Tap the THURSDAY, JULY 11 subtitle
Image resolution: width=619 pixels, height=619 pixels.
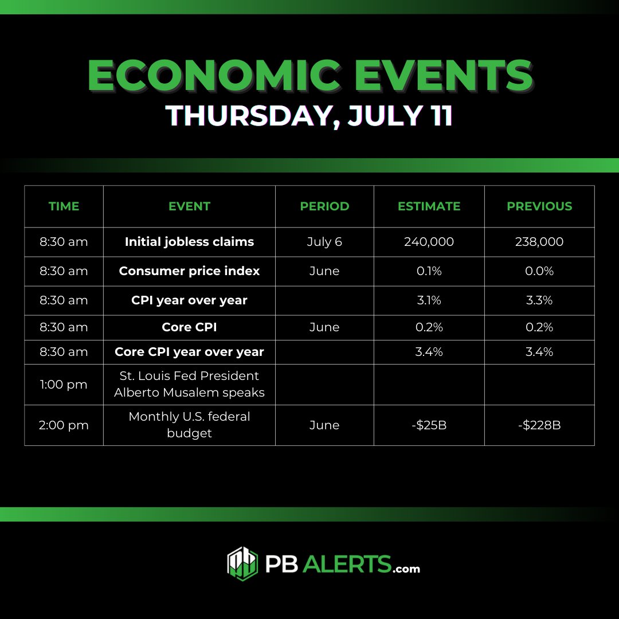[309, 115]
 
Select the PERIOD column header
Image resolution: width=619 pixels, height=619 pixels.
[324, 206]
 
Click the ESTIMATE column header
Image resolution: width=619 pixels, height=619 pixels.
[429, 206]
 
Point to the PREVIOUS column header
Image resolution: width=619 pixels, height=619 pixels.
[539, 206]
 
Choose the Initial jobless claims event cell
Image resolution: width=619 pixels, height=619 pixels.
[189, 241]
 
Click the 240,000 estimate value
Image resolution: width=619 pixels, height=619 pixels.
[429, 242]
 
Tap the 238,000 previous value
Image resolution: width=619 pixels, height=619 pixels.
[539, 242]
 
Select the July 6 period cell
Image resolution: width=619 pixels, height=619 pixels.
[324, 242]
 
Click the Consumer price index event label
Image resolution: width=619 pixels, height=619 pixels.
[189, 271]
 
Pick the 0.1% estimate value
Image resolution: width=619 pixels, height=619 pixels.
[429, 271]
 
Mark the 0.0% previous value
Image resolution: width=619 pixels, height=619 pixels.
[539, 271]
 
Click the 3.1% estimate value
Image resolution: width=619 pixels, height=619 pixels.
[429, 300]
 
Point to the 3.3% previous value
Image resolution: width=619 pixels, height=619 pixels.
[539, 300]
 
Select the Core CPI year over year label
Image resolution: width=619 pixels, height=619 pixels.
[189, 352]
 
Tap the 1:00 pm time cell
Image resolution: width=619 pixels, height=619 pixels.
[64, 385]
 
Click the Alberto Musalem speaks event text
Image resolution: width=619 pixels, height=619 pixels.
[189, 393]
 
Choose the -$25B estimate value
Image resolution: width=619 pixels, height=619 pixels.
[429, 425]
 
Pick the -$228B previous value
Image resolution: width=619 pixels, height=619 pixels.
[539, 425]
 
